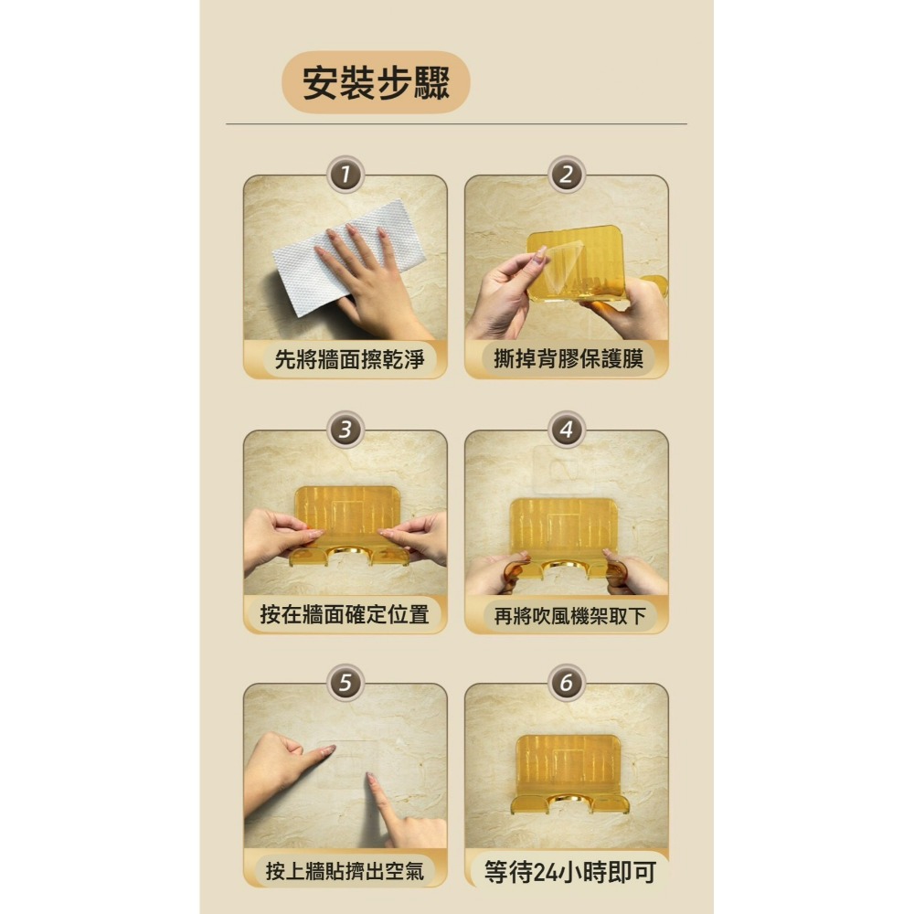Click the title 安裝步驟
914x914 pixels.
pyautogui.click(x=376, y=83)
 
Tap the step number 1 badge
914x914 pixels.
pyautogui.click(x=345, y=175)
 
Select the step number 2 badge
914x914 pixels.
pyautogui.click(x=567, y=175)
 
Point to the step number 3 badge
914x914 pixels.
pyautogui.click(x=345, y=429)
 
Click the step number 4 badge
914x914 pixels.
pyautogui.click(x=567, y=429)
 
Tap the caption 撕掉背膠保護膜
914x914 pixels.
pyautogui.click(x=568, y=359)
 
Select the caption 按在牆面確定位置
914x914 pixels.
pyautogui.click(x=345, y=614)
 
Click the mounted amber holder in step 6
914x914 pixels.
pyautogui.click(x=567, y=772)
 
